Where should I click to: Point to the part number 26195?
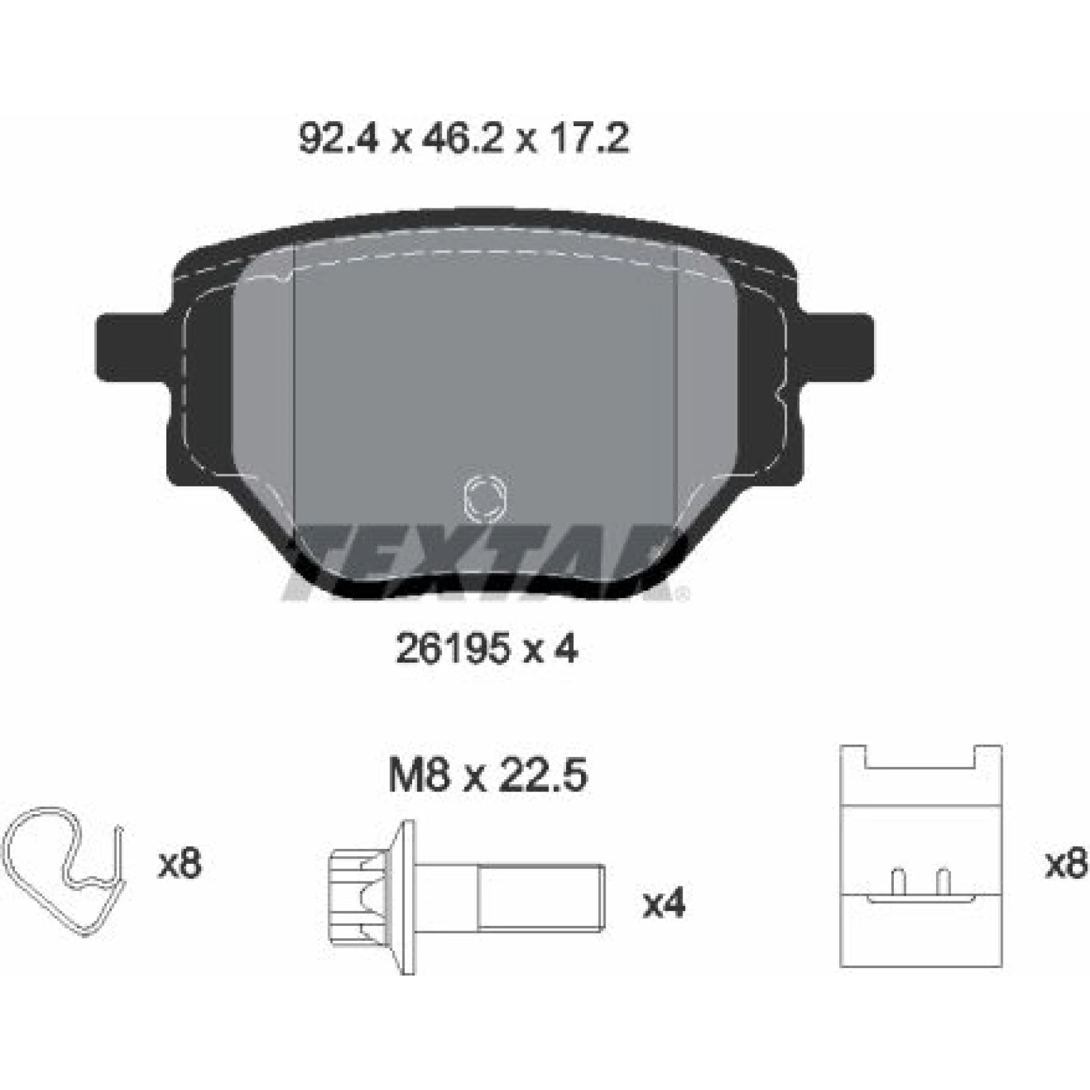coord(452,650)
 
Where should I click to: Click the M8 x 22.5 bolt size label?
coord(488,776)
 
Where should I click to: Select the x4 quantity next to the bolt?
coord(664,905)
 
